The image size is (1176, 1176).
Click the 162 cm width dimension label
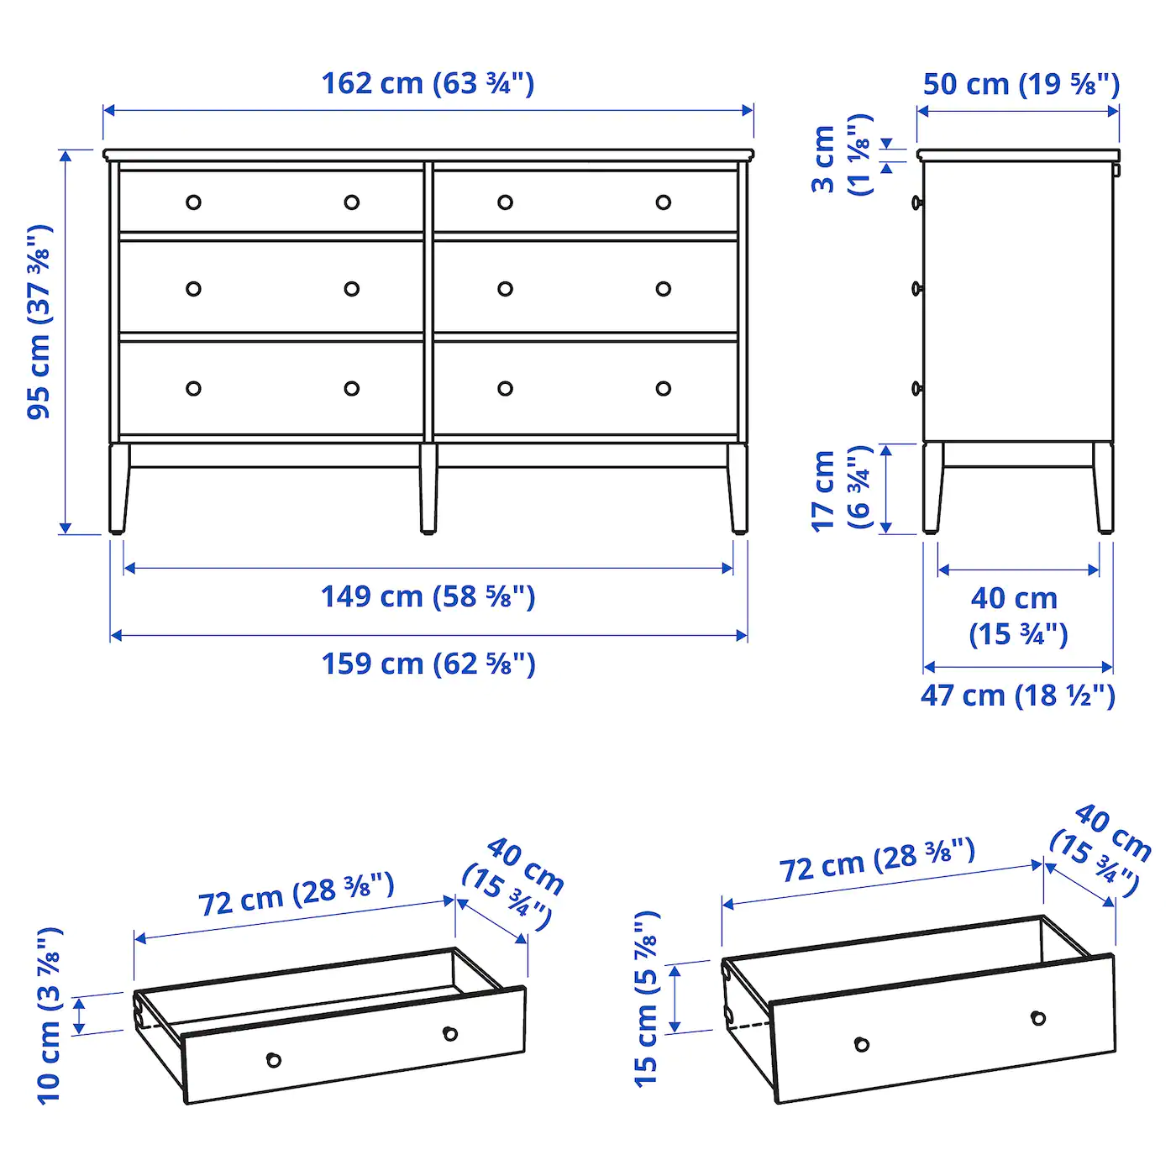point(428,83)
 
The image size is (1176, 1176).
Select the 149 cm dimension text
point(428,596)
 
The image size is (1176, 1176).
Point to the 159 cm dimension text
point(428,664)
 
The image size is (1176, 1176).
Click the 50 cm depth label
point(1021,84)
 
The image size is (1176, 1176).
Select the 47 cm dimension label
point(1017,696)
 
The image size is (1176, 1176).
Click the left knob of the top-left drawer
point(193,202)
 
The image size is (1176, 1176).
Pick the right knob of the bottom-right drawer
point(664,388)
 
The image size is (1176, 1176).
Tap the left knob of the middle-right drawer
point(505,289)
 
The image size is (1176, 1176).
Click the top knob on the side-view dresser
point(916,202)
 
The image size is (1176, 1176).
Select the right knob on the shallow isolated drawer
point(450,1033)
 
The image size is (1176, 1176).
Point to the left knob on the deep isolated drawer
point(861,1044)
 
